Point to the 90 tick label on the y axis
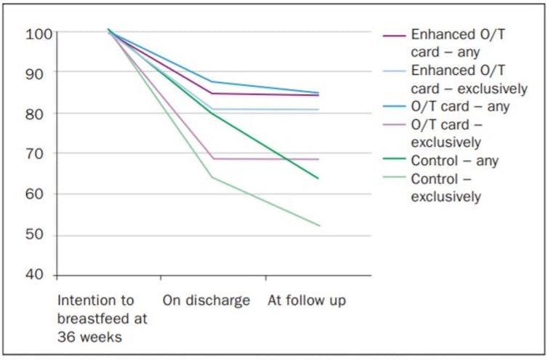(x=38, y=73)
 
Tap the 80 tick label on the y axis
(x=38, y=113)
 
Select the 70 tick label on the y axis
(x=38, y=153)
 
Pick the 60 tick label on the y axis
(x=38, y=194)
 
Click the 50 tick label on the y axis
(x=38, y=236)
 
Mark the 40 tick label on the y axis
(x=38, y=276)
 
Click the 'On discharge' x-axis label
(x=206, y=300)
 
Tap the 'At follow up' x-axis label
(x=307, y=300)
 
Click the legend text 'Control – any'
(x=454, y=161)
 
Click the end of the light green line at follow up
(x=319, y=225)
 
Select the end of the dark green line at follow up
(x=319, y=178)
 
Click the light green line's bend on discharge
(x=212, y=177)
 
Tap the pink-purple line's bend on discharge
(x=212, y=159)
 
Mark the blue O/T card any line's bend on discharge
(x=212, y=81)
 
